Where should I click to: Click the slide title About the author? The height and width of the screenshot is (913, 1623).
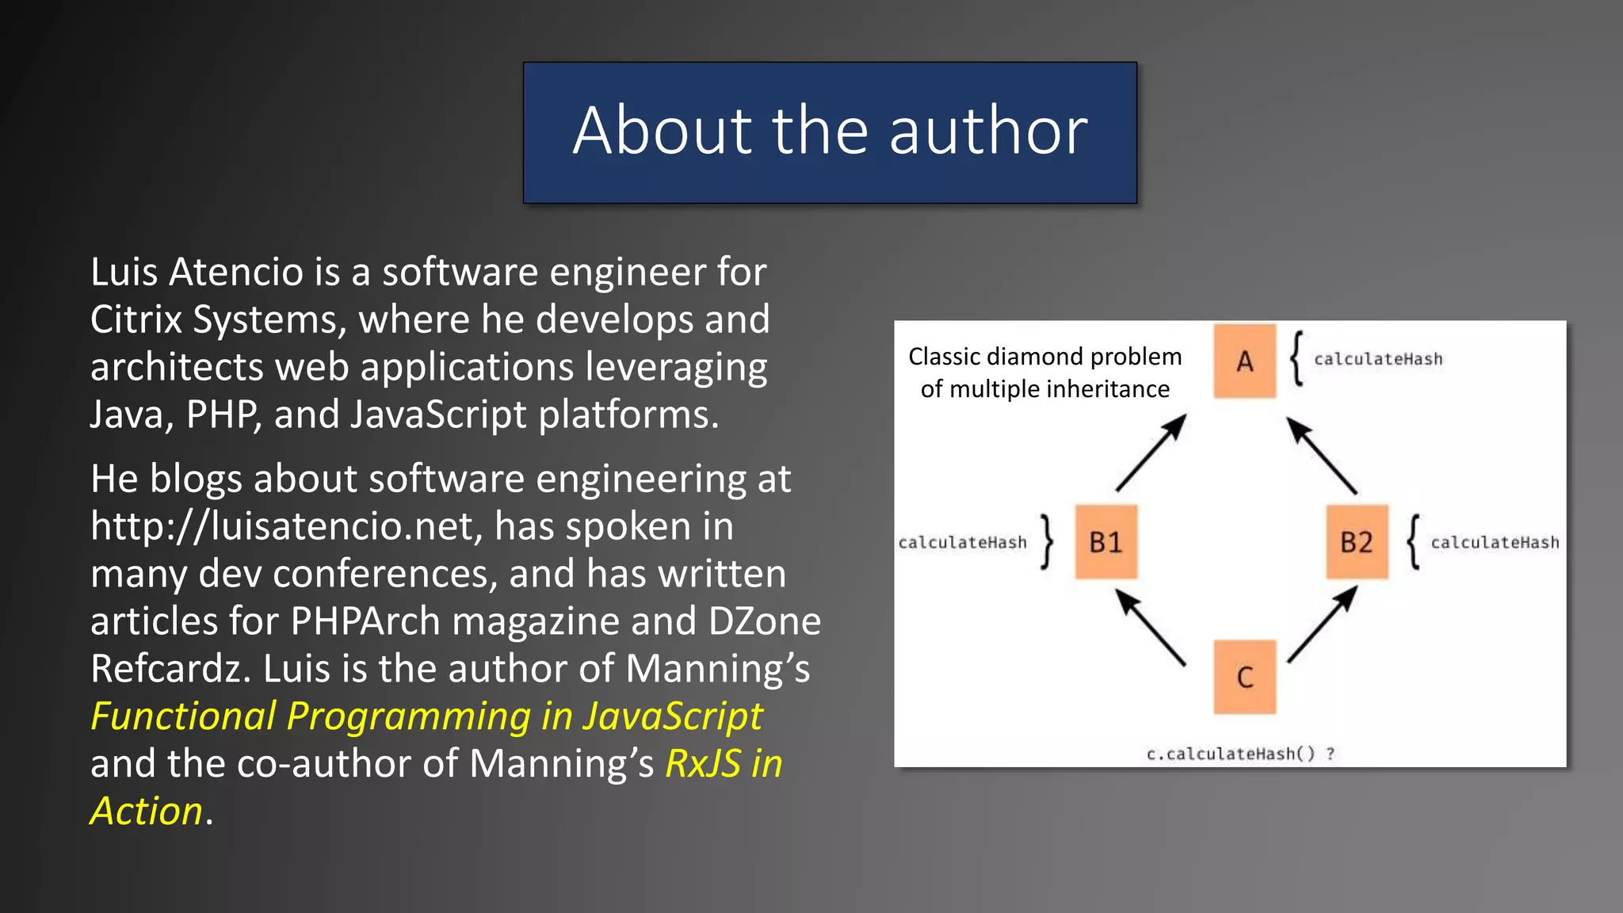[x=830, y=131]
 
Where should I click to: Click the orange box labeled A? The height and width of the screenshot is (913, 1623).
[x=1244, y=361]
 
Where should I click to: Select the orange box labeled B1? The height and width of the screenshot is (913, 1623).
[x=1106, y=542]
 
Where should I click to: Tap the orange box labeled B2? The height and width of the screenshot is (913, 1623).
[x=1357, y=542]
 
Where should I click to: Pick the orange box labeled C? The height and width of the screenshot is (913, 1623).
[x=1244, y=678]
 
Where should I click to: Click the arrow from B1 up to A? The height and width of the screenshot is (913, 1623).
[x=1151, y=453]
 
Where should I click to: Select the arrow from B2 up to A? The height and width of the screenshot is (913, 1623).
[x=1322, y=456]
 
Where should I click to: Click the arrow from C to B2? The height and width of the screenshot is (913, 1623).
[x=1323, y=625]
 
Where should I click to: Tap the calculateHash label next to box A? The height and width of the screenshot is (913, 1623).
[x=1378, y=359]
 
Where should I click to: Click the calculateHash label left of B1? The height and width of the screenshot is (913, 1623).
[x=962, y=543]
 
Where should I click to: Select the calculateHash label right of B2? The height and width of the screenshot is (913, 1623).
[x=1495, y=543]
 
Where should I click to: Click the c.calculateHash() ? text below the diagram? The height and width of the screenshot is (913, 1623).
[x=1240, y=754]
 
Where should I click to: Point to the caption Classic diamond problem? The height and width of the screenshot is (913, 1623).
[x=1044, y=357]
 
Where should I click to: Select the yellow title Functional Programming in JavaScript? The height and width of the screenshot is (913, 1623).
[x=426, y=716]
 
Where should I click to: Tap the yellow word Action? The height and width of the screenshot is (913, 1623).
[x=147, y=812]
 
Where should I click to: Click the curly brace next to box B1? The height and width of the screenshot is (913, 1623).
[x=1048, y=542]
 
